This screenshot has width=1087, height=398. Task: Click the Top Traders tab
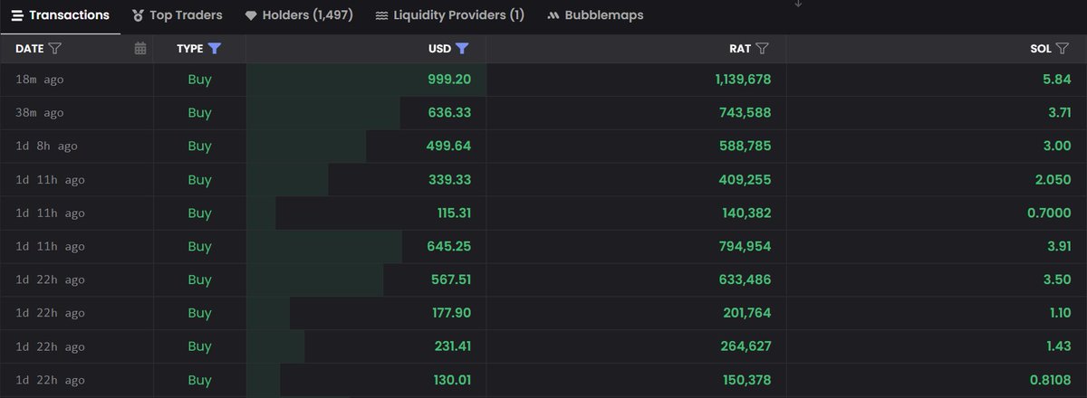(x=178, y=15)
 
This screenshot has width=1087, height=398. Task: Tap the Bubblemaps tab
(x=595, y=15)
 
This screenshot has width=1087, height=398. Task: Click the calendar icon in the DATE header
(x=140, y=49)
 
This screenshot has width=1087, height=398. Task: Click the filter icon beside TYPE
(x=214, y=49)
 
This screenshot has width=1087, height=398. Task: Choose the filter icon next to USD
(x=462, y=49)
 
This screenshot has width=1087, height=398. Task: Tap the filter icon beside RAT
(x=762, y=49)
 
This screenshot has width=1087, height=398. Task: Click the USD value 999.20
(x=449, y=80)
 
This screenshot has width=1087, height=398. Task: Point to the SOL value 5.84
(x=1057, y=80)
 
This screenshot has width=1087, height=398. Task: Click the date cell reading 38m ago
(x=40, y=113)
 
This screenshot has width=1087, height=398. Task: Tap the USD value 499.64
(x=449, y=147)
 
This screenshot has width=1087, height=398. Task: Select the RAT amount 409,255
(x=747, y=180)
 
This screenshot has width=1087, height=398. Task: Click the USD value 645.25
(x=449, y=247)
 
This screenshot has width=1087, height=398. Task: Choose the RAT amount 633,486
(x=747, y=280)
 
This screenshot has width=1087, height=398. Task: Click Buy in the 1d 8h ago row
(x=199, y=147)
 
